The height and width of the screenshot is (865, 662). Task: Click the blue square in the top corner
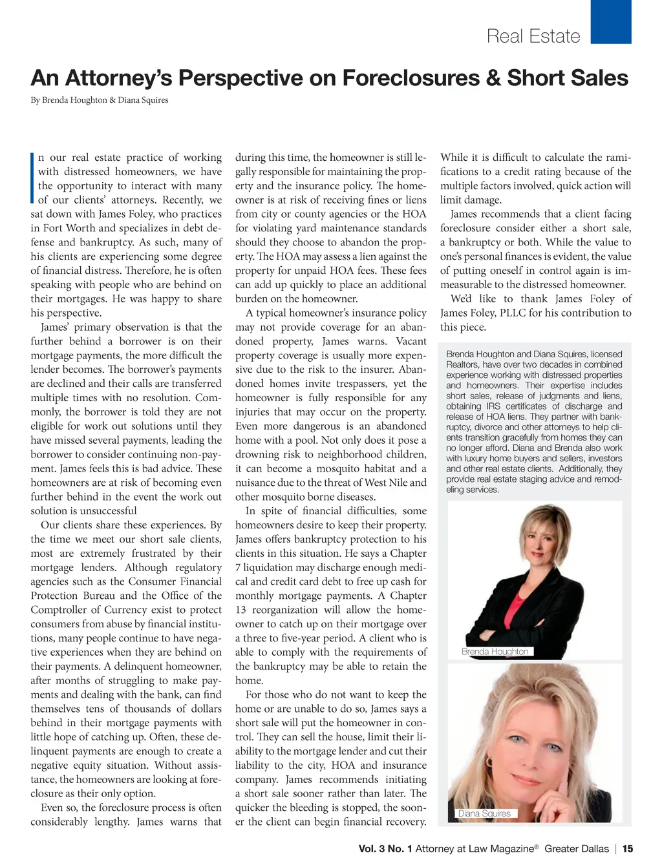610,21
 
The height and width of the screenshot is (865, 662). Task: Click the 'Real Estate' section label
533,36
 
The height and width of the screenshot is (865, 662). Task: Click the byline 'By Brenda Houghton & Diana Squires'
100,100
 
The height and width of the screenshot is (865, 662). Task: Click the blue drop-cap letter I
32,178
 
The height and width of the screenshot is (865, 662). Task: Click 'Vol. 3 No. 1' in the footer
385,849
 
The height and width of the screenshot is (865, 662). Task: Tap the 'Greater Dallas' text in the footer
577,849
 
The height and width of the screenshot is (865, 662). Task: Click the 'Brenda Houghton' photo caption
495,651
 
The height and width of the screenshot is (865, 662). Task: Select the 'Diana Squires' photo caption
484,813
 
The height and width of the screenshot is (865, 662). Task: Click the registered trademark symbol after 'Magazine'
536,846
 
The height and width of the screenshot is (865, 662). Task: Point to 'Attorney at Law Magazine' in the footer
475,849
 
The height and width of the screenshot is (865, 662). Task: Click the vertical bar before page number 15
616,849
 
